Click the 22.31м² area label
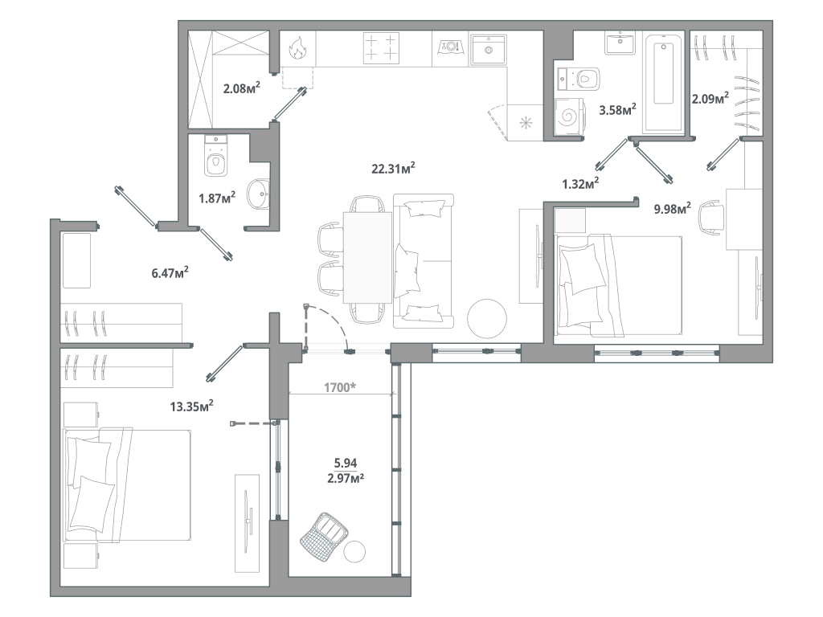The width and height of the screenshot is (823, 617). coord(393,169)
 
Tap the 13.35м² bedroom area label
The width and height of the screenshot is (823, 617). coord(191,406)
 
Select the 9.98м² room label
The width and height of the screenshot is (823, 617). coord(672,209)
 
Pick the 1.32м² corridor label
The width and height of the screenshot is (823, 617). coord(580,184)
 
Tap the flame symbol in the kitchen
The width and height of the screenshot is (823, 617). coord(297,47)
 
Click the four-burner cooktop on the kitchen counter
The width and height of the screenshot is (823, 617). coord(380,48)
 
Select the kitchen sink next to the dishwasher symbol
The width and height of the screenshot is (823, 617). coord(488,49)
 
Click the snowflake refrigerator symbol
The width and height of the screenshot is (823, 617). coord(526,124)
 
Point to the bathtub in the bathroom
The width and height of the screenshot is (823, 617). coord(664,83)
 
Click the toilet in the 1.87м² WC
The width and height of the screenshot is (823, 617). coord(215,156)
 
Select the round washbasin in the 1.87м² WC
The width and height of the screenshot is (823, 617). coord(258,194)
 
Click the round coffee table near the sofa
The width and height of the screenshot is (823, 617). coord(487,319)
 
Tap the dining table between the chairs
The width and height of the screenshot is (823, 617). coord(367,257)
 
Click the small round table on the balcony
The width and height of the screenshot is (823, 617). coord(354,551)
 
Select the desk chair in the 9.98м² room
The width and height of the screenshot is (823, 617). coord(712,217)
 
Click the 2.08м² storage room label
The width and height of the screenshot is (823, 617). coord(242,88)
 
